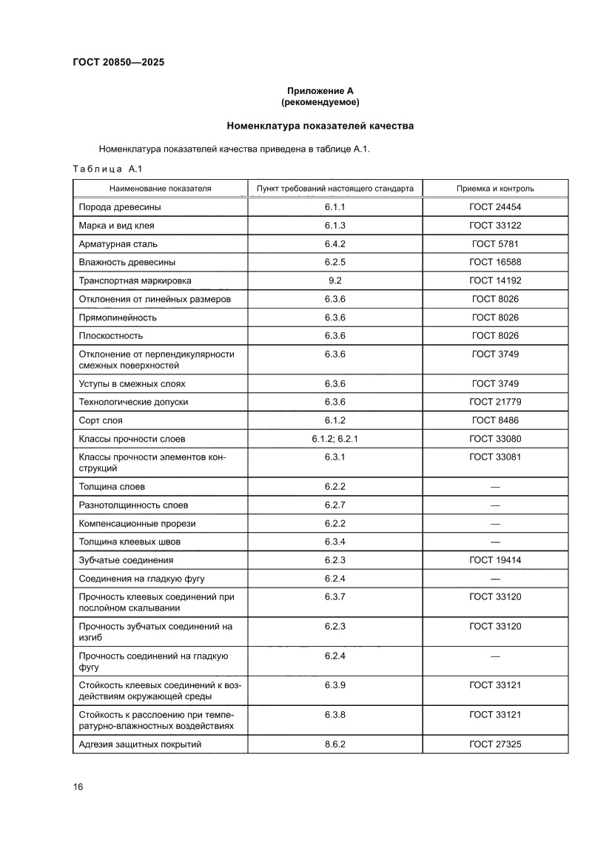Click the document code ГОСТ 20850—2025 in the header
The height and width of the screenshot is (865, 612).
(118, 62)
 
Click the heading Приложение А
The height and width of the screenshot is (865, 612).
(320, 90)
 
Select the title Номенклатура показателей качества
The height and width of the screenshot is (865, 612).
(320, 126)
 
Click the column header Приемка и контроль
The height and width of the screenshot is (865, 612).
(495, 189)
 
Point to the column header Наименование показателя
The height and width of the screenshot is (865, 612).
(161, 189)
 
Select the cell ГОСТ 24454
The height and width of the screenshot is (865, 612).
(495, 207)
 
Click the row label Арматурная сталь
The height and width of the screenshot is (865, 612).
(118, 243)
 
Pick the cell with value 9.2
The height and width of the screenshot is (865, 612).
(334, 280)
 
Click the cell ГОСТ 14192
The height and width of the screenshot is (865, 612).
(495, 280)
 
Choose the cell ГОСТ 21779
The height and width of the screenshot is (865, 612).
(495, 402)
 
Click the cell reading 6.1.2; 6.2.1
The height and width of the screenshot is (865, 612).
(334, 439)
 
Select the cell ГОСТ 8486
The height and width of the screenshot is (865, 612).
(495, 420)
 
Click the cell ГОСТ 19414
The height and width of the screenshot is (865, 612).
(495, 560)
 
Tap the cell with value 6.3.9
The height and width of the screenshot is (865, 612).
(334, 685)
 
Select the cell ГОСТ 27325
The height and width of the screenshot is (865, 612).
(495, 744)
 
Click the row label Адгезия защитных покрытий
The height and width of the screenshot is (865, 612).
(140, 744)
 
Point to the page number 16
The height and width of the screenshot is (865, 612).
(78, 786)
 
